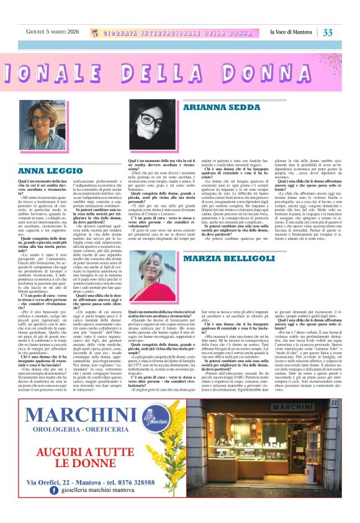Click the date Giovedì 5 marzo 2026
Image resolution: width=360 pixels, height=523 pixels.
[x=52, y=32]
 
